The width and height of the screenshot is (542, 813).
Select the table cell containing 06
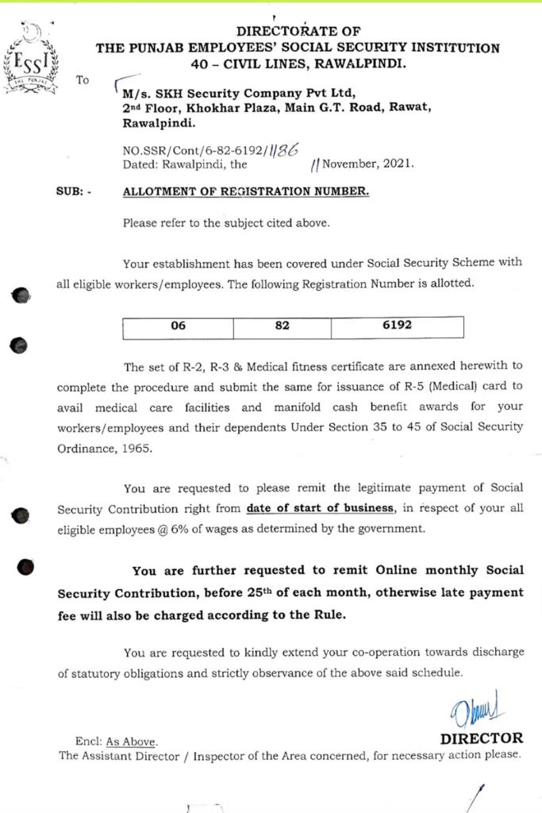[x=178, y=326]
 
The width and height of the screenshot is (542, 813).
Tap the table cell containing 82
[x=283, y=326]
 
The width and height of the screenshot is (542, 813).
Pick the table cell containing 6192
[x=397, y=326]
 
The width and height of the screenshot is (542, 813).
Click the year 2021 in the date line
[x=396, y=165]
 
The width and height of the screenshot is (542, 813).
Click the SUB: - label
[x=73, y=192]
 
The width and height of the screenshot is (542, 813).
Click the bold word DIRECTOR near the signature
[x=482, y=738]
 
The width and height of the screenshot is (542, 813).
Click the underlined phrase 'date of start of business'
[x=320, y=508]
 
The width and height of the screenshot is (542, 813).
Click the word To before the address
[x=83, y=80]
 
